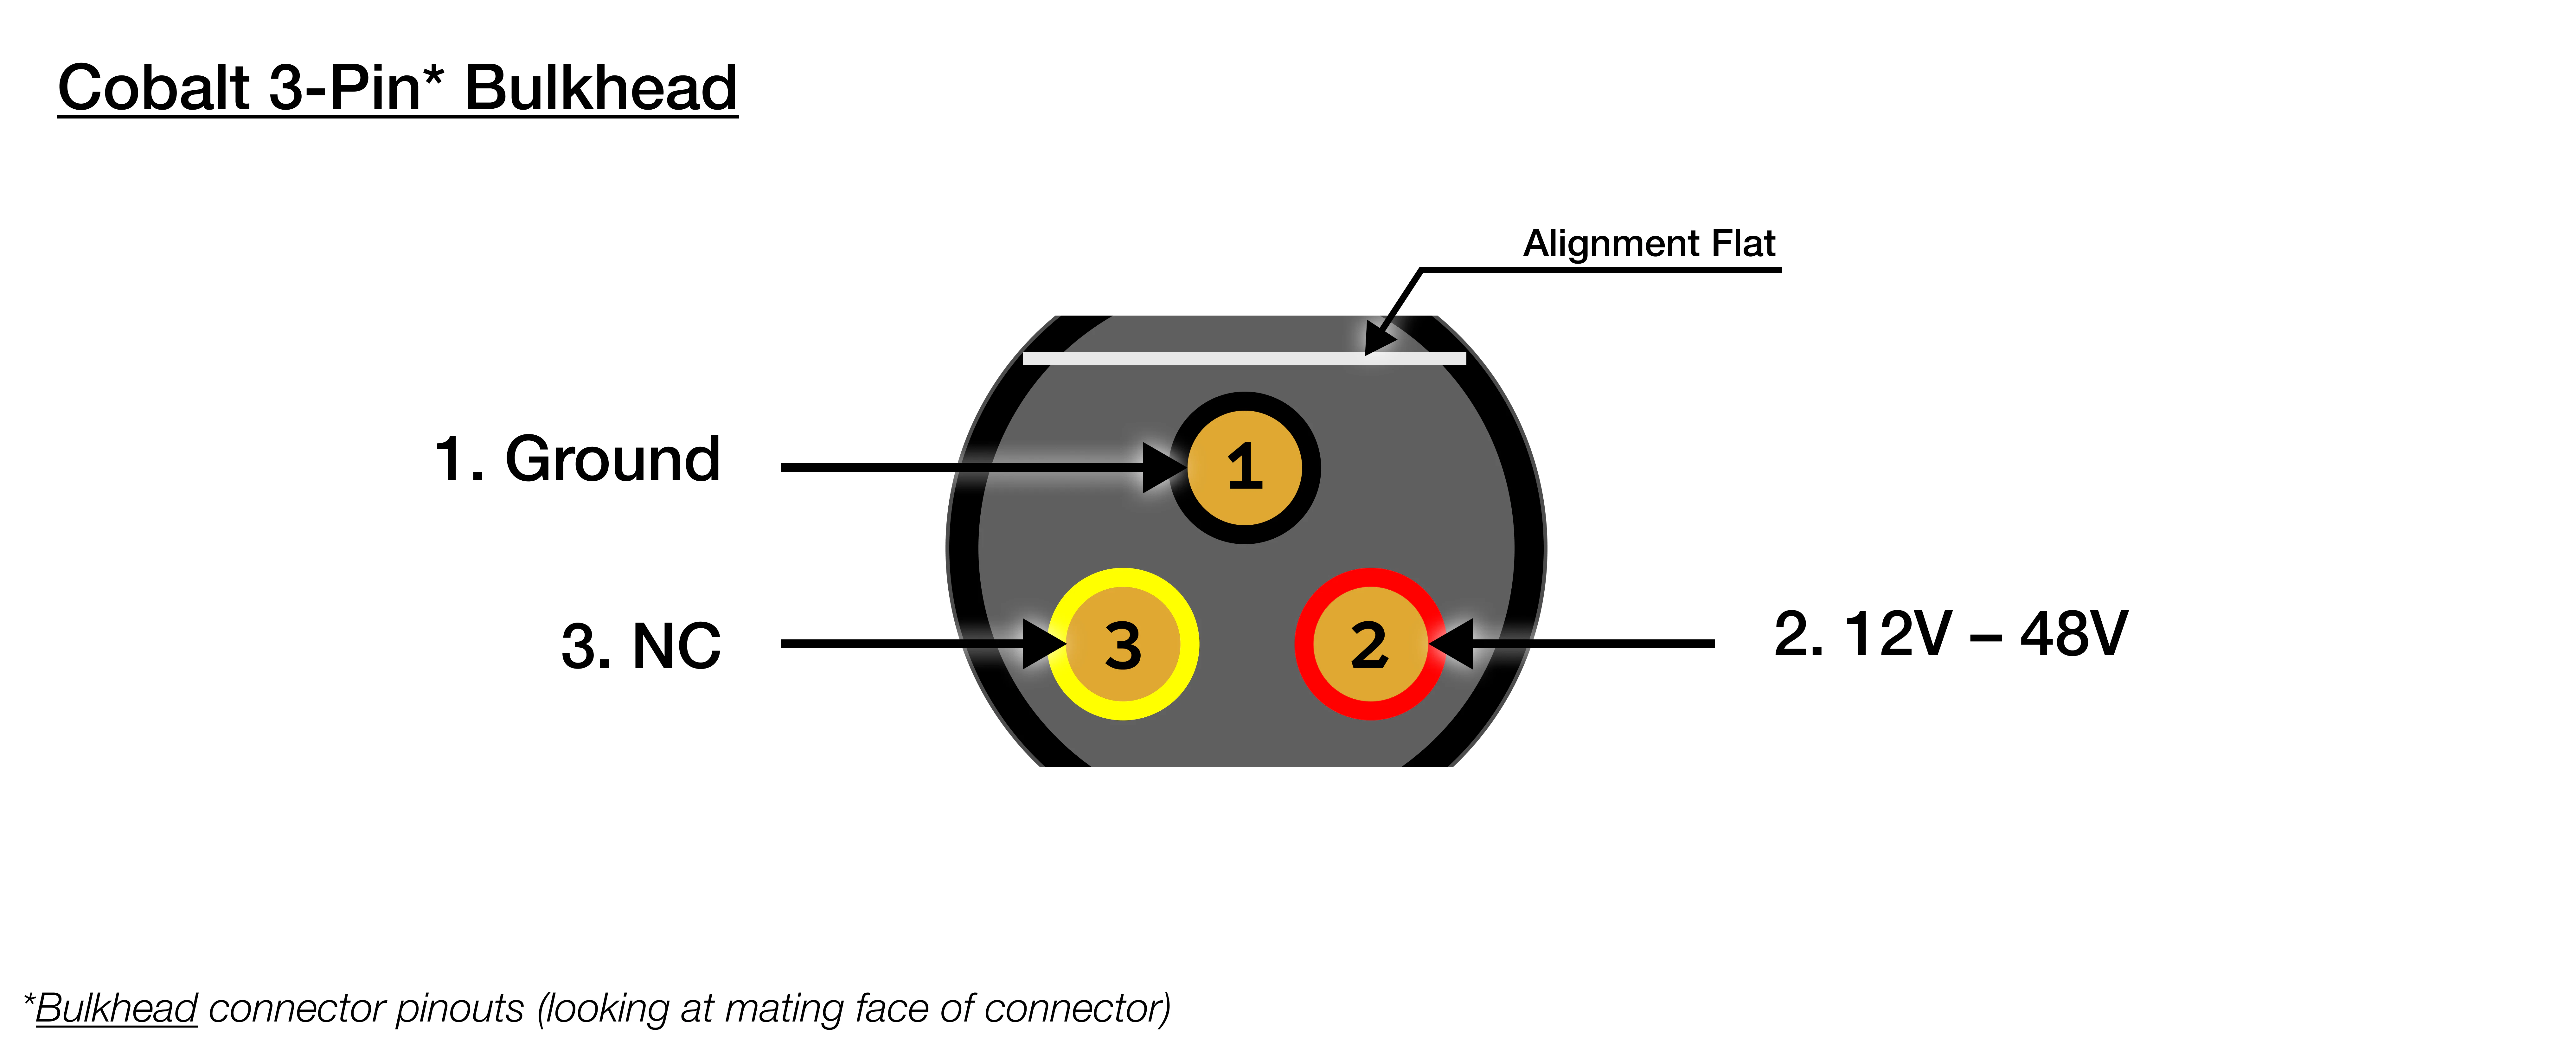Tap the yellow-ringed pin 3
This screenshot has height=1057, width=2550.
[x=1123, y=644]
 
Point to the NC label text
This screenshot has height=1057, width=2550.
[x=676, y=646]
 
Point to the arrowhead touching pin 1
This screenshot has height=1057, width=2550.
[x=1163, y=467]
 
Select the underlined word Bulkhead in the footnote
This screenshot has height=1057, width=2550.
[x=117, y=1009]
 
